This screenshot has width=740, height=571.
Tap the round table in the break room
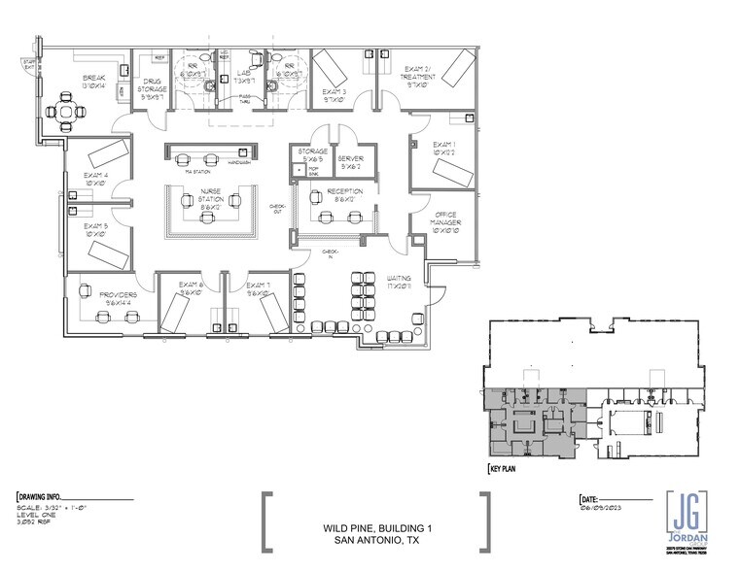click(x=67, y=113)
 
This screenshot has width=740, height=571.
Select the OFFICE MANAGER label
click(x=446, y=221)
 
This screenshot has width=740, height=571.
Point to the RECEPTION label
click(x=344, y=190)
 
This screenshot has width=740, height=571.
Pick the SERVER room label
click(x=350, y=157)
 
